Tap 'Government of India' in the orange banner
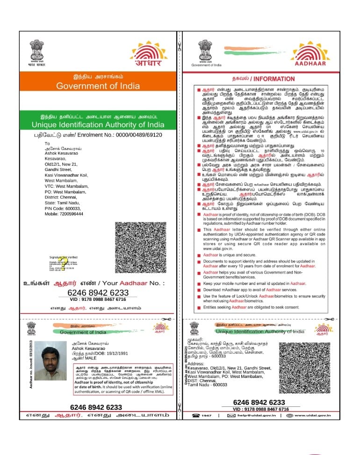98,86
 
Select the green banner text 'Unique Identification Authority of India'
98,125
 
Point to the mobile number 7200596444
72,213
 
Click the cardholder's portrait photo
51,361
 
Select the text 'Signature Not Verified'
63,257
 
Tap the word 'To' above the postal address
47,143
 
